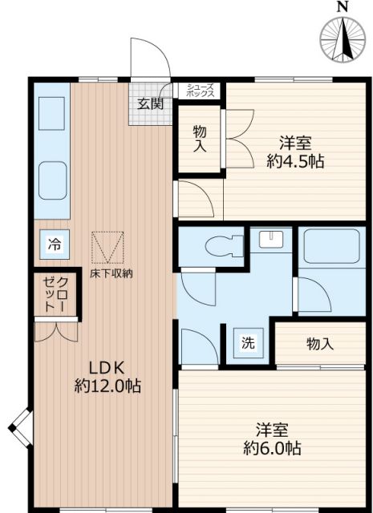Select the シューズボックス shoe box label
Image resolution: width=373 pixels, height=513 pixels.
(201, 91)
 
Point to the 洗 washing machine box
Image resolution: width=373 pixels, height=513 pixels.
(248, 343)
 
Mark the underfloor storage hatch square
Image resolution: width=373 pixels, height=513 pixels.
(108, 247)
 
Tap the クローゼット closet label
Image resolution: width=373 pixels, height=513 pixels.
(55, 294)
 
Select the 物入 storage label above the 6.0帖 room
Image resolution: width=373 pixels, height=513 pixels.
(319, 344)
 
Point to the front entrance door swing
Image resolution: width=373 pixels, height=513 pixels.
(151, 58)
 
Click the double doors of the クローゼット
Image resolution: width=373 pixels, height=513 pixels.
(56, 331)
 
